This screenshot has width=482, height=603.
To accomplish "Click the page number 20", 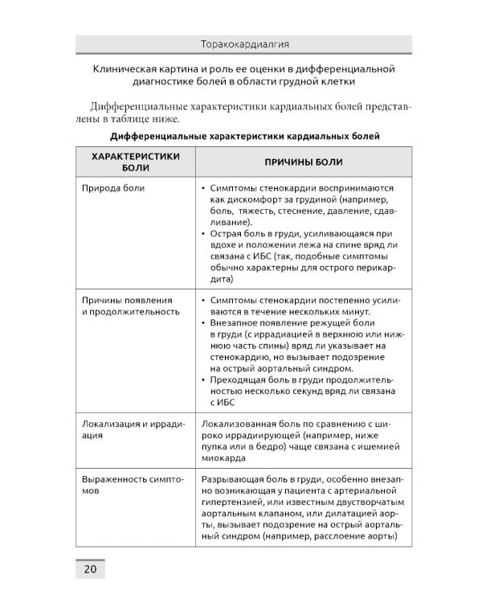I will [90, 569].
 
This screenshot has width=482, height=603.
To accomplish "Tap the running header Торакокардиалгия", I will [243, 43].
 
